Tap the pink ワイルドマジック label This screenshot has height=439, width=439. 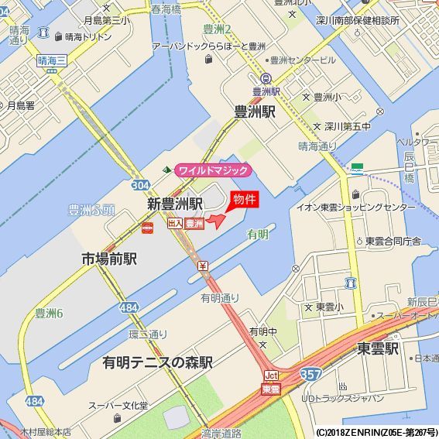click(x=214, y=170)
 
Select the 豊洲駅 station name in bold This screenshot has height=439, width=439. click(x=255, y=111)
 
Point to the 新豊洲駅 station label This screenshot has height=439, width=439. click(x=175, y=204)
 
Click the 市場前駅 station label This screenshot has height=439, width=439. click(x=109, y=259)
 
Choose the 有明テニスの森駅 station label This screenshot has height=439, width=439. click(x=157, y=362)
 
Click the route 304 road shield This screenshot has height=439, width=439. click(x=140, y=186)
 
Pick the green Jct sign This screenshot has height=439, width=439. click(x=271, y=376)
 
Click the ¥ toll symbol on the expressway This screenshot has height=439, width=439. click(x=203, y=266)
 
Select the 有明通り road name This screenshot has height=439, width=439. click(x=220, y=298)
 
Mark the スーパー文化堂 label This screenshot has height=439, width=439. click(x=118, y=405)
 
